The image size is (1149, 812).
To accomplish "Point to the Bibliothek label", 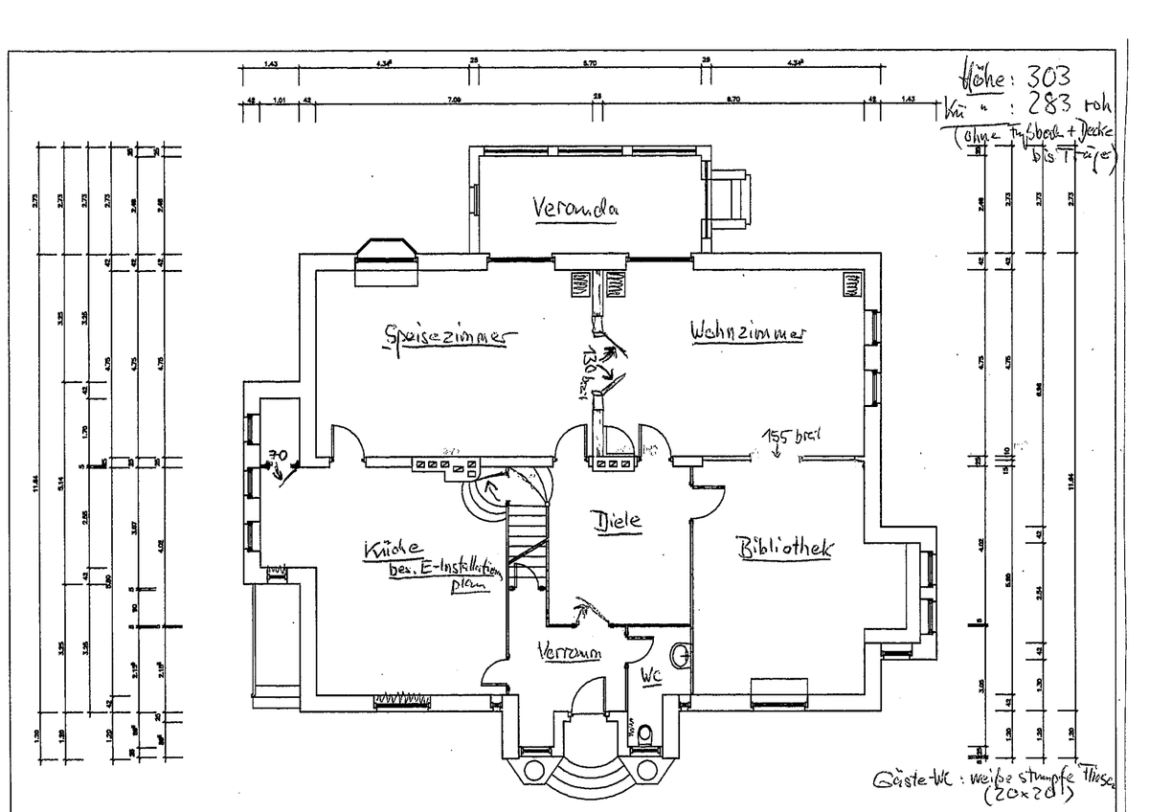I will point(785,549).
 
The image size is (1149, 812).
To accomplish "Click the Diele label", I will point(617,522).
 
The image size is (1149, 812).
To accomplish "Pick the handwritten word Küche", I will point(392,550).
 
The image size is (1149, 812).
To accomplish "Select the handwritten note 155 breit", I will point(793,438).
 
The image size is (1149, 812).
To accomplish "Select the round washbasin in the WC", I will point(680,656).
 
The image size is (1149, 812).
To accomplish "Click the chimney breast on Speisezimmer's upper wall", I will point(388,261).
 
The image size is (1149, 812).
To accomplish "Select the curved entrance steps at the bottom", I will point(583,771).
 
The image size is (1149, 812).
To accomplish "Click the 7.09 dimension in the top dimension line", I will point(453,98).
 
